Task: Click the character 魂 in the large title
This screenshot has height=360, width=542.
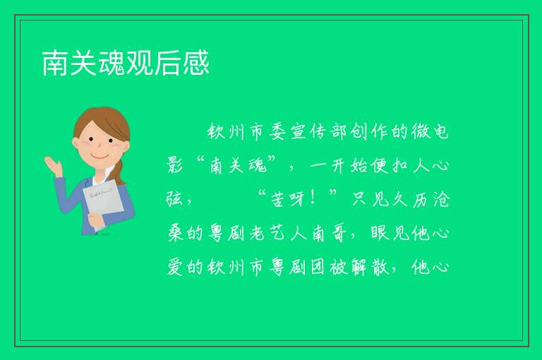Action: [112, 63]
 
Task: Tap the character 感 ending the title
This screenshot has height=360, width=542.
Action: [196, 63]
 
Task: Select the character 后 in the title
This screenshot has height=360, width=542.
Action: [168, 63]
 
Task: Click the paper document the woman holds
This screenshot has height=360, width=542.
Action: [102, 203]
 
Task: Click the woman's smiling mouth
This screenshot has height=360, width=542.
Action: [100, 157]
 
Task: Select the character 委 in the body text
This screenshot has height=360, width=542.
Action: [277, 132]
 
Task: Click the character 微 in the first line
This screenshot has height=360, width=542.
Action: [420, 132]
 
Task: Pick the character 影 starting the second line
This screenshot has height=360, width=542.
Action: [175, 165]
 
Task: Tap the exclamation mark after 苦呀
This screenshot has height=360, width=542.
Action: [313, 198]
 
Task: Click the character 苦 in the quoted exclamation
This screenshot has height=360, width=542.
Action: [277, 199]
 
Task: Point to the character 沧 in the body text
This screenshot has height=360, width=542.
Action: [440, 199]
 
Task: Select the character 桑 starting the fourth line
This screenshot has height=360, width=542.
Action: [175, 233]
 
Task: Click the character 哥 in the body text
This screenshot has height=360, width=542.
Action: [339, 233]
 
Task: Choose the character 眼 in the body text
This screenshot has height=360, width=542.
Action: [379, 233]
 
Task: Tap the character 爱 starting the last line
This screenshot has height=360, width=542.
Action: [175, 267]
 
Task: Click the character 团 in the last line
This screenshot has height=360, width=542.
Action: [318, 267]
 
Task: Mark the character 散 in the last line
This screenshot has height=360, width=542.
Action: [379, 267]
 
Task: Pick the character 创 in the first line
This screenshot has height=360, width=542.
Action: [359, 132]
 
